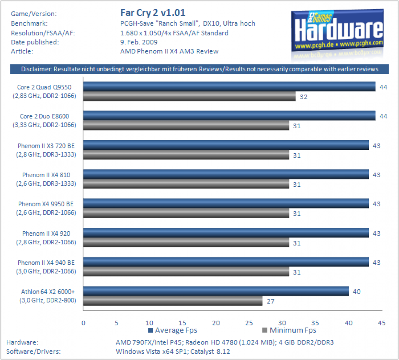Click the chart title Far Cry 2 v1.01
[153, 13]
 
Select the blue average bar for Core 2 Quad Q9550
[229, 86]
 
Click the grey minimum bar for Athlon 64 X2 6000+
[173, 301]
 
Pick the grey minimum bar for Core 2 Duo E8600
[186, 126]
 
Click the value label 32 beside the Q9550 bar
[304, 97]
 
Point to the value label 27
[271, 301]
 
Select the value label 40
[356, 291]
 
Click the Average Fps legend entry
[172, 330]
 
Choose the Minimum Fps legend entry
[289, 330]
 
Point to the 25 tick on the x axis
[249, 323]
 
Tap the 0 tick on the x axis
[83, 323]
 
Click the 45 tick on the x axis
[381, 323]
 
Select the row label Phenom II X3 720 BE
[46, 146]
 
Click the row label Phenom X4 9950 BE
[46, 204]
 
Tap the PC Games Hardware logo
[337, 31]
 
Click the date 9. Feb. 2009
[139, 42]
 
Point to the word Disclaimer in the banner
[36, 69]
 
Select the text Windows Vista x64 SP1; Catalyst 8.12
[173, 351]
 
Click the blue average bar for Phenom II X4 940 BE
[226, 262]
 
